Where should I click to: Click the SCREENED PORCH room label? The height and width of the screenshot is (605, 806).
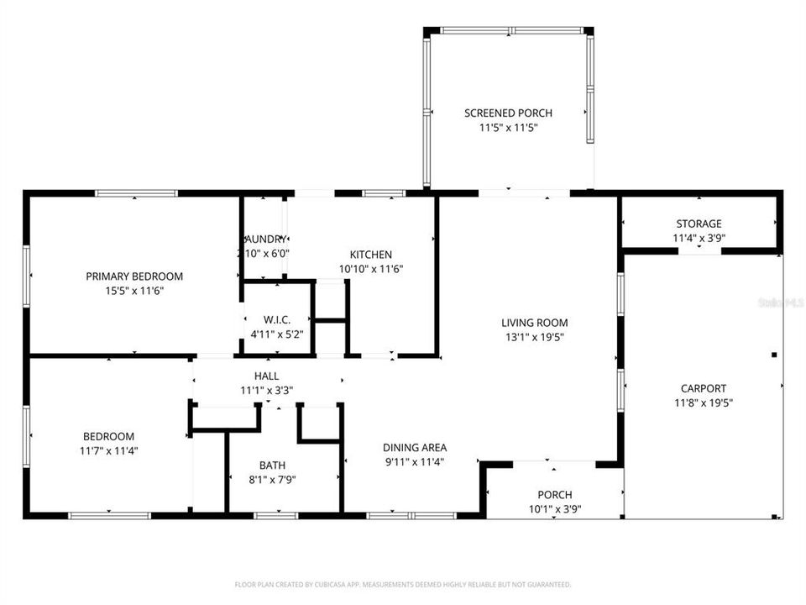[508, 113]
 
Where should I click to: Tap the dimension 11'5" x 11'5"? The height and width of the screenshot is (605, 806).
[508, 128]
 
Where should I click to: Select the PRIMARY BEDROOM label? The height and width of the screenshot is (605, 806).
[134, 276]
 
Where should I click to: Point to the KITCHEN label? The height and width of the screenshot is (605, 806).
[371, 255]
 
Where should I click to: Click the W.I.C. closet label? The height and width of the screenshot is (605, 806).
[277, 318]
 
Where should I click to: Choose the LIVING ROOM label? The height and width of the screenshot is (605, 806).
[535, 323]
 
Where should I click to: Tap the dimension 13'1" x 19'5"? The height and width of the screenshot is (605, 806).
[535, 337]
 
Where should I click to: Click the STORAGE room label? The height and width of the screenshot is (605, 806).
[699, 224]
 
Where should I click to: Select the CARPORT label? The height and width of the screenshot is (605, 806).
[704, 388]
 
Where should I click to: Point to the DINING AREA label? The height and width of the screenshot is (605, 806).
[415, 447]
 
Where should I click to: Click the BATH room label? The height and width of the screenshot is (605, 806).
[273, 464]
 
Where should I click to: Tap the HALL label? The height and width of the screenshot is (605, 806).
[267, 376]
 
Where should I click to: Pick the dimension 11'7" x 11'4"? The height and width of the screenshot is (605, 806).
[108, 450]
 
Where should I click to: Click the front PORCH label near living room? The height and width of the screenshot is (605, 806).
[555, 494]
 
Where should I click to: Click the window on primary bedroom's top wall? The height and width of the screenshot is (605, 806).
[136, 193]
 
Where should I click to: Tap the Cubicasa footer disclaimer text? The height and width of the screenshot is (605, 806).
[403, 583]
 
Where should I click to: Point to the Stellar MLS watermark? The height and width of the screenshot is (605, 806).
[781, 301]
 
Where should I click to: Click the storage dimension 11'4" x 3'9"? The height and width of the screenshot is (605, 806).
[699, 238]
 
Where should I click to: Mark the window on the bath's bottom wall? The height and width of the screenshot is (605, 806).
[270, 514]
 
